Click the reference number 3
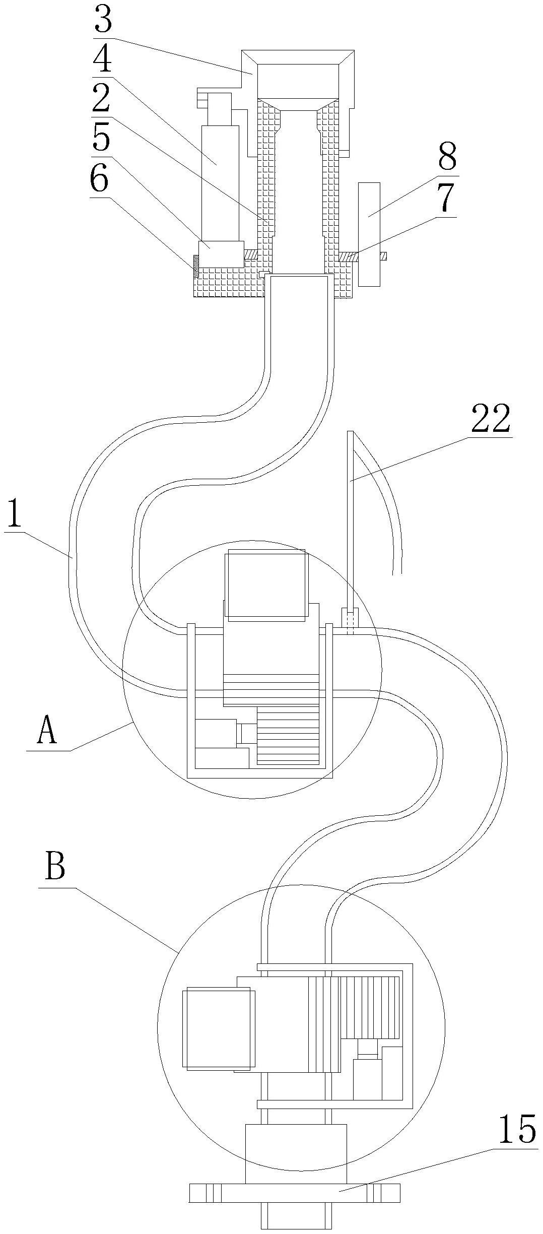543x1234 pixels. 102,20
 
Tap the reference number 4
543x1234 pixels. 102,59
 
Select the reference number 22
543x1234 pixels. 491,419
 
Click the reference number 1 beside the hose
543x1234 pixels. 15,512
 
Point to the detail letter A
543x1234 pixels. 47,731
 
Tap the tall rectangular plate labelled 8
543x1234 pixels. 369,234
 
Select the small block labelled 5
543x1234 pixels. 221,254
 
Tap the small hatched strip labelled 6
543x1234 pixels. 195,265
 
